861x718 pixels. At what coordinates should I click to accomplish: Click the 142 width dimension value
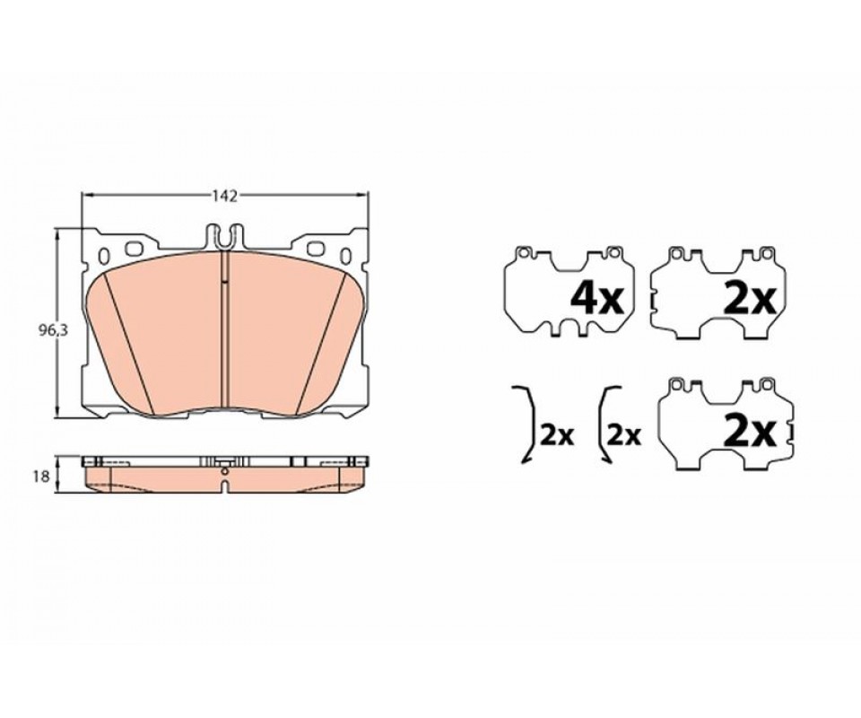(226, 197)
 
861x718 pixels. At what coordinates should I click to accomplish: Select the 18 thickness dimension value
(40, 477)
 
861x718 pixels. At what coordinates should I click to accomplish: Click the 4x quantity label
(597, 300)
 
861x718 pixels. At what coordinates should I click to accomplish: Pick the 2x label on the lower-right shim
(750, 433)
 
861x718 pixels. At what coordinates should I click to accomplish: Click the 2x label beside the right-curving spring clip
(558, 435)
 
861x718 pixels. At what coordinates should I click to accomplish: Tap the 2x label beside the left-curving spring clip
(625, 435)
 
